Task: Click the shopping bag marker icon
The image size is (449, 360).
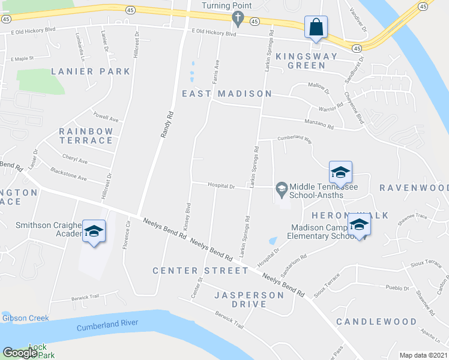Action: (316, 27)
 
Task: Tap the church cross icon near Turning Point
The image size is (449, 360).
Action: (238, 20)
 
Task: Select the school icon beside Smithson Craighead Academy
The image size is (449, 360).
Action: (94, 231)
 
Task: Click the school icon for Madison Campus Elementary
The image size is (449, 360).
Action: (359, 225)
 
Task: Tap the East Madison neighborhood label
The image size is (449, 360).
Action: (227, 94)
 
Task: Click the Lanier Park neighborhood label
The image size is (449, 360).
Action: (91, 71)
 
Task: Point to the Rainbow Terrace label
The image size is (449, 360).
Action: (86, 136)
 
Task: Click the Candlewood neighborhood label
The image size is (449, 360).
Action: (376, 322)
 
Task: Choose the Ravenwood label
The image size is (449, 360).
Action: (414, 188)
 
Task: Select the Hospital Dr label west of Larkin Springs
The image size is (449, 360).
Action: (221, 186)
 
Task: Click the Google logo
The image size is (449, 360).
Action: (20, 353)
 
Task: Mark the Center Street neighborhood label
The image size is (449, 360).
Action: (200, 271)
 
